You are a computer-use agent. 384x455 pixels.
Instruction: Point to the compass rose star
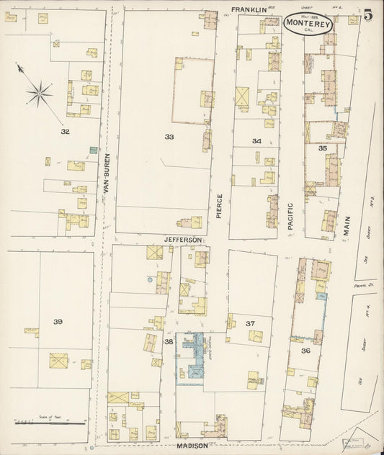40,91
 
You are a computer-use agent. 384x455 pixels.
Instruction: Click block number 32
65,132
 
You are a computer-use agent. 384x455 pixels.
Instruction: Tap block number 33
169,136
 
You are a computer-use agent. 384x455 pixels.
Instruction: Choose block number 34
256,142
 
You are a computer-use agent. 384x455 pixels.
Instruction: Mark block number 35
323,148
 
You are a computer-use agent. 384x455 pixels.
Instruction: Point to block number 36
306,351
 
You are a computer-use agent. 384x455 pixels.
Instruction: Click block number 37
251,323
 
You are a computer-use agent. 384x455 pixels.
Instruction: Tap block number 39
57,319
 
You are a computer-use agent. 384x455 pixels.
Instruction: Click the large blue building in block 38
192,353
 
